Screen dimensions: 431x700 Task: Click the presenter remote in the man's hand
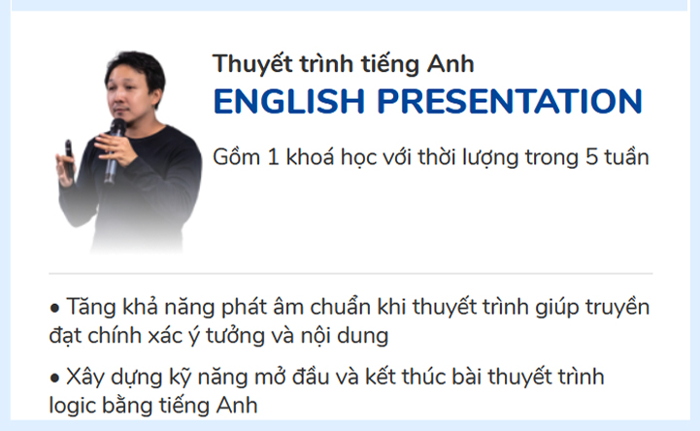[69, 152]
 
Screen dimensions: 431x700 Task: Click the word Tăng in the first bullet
[91, 308]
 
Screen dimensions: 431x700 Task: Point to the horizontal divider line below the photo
[350, 274]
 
